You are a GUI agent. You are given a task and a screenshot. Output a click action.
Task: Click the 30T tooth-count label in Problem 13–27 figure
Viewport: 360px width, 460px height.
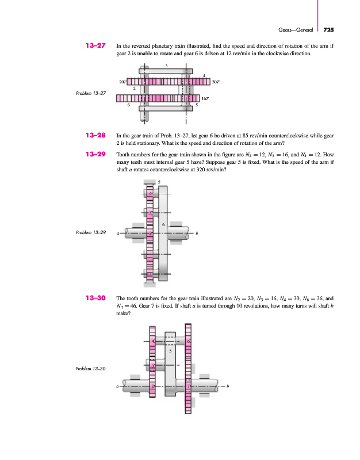click(x=216, y=82)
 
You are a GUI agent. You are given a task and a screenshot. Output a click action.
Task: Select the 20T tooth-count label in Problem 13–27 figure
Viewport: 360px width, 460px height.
click(x=122, y=82)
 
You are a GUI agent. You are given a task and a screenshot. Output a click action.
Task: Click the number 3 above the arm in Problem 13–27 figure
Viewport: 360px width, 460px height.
click(x=166, y=66)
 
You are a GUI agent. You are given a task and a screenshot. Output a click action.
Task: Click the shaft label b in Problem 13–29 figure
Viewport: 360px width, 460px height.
click(x=197, y=233)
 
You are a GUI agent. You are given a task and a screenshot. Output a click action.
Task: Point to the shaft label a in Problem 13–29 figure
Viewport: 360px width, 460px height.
click(x=117, y=233)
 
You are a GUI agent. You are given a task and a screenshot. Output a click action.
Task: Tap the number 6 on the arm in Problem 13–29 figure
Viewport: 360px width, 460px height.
click(x=164, y=224)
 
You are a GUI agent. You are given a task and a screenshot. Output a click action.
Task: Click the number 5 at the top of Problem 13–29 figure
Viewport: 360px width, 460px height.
click(x=159, y=182)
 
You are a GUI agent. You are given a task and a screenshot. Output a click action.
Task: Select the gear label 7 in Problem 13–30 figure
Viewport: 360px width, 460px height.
click(x=188, y=386)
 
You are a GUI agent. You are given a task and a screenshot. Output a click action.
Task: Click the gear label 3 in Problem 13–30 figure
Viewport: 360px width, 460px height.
click(x=152, y=366)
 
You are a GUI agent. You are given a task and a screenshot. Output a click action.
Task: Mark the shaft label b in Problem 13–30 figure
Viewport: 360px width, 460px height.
click(x=228, y=386)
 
